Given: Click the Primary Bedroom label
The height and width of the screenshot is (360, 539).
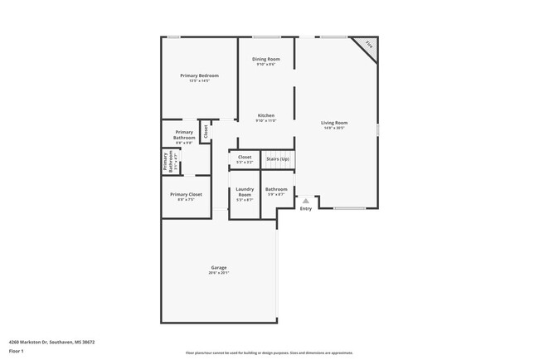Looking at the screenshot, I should [x=199, y=75].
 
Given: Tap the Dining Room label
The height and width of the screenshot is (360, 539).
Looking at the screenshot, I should [x=266, y=59].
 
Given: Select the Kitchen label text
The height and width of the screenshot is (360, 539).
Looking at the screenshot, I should [x=266, y=115].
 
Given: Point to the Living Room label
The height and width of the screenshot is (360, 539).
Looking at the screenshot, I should [x=334, y=123].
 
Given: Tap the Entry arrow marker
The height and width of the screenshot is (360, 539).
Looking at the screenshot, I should [x=305, y=201].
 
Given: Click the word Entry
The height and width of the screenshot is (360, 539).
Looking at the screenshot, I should [x=306, y=208].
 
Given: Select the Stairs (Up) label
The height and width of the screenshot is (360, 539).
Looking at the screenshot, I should [x=278, y=158].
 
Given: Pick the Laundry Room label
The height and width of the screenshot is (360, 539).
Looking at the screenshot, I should [x=245, y=192].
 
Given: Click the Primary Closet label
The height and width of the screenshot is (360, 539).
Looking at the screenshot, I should [x=186, y=194].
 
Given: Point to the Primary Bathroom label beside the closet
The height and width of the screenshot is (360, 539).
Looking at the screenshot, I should [x=184, y=135].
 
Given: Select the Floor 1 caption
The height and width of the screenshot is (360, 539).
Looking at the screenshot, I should [x=17, y=351].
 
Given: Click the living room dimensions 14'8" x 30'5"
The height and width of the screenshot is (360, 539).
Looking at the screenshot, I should [x=334, y=128].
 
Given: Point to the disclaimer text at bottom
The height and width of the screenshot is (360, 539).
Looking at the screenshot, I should [x=269, y=353].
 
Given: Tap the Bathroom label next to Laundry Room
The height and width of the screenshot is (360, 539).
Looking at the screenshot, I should [x=276, y=189].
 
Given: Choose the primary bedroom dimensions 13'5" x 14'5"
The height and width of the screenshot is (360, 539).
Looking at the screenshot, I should [x=199, y=80].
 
